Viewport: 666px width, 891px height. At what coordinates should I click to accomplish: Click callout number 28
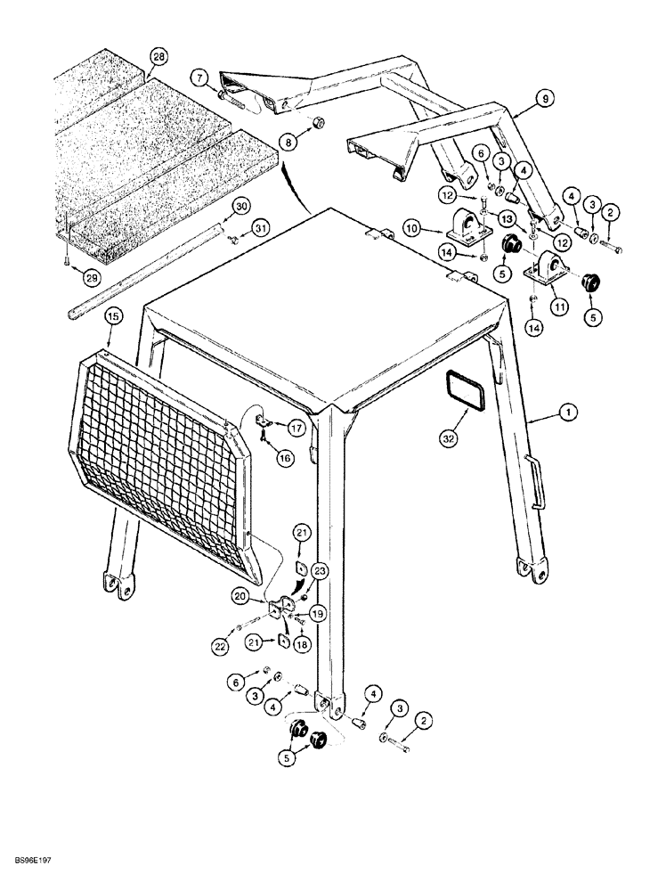(158, 57)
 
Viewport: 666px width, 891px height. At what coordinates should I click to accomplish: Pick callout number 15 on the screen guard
(114, 315)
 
